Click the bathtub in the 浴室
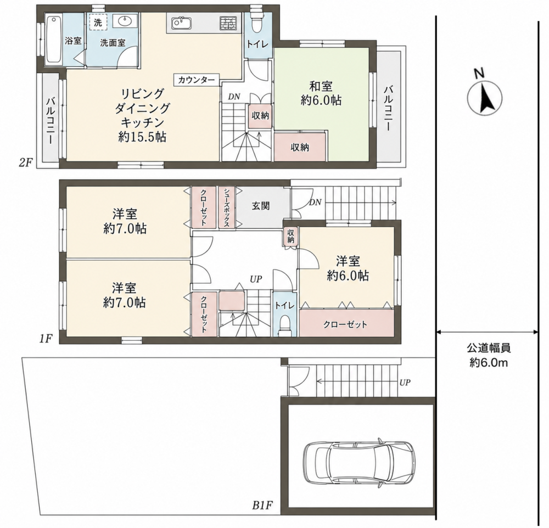point(54,39)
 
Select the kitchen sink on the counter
point(181,24)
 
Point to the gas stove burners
point(228,24)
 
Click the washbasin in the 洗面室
point(125,21)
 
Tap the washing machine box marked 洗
point(98,23)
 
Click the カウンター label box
point(197,80)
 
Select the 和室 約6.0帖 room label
point(321,93)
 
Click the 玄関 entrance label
point(261,205)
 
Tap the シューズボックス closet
point(227,207)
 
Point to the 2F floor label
point(26,162)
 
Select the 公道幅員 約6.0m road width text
point(489,355)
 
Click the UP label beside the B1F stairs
point(405,383)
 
